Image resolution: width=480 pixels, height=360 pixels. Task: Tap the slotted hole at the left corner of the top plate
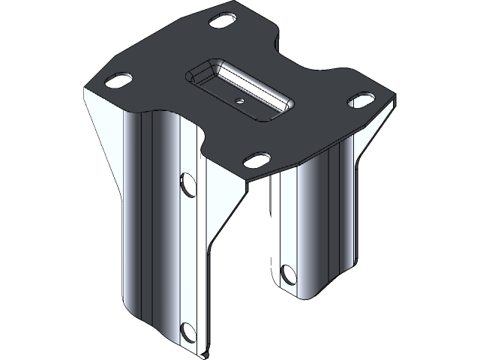[x=118, y=79]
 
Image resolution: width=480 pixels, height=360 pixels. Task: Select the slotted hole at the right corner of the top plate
[x=361, y=99]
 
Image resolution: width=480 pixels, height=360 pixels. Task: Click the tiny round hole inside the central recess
[x=239, y=98]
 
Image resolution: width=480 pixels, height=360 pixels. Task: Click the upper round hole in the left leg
[x=187, y=184]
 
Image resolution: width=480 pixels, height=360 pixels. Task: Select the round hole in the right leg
[x=287, y=274]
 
